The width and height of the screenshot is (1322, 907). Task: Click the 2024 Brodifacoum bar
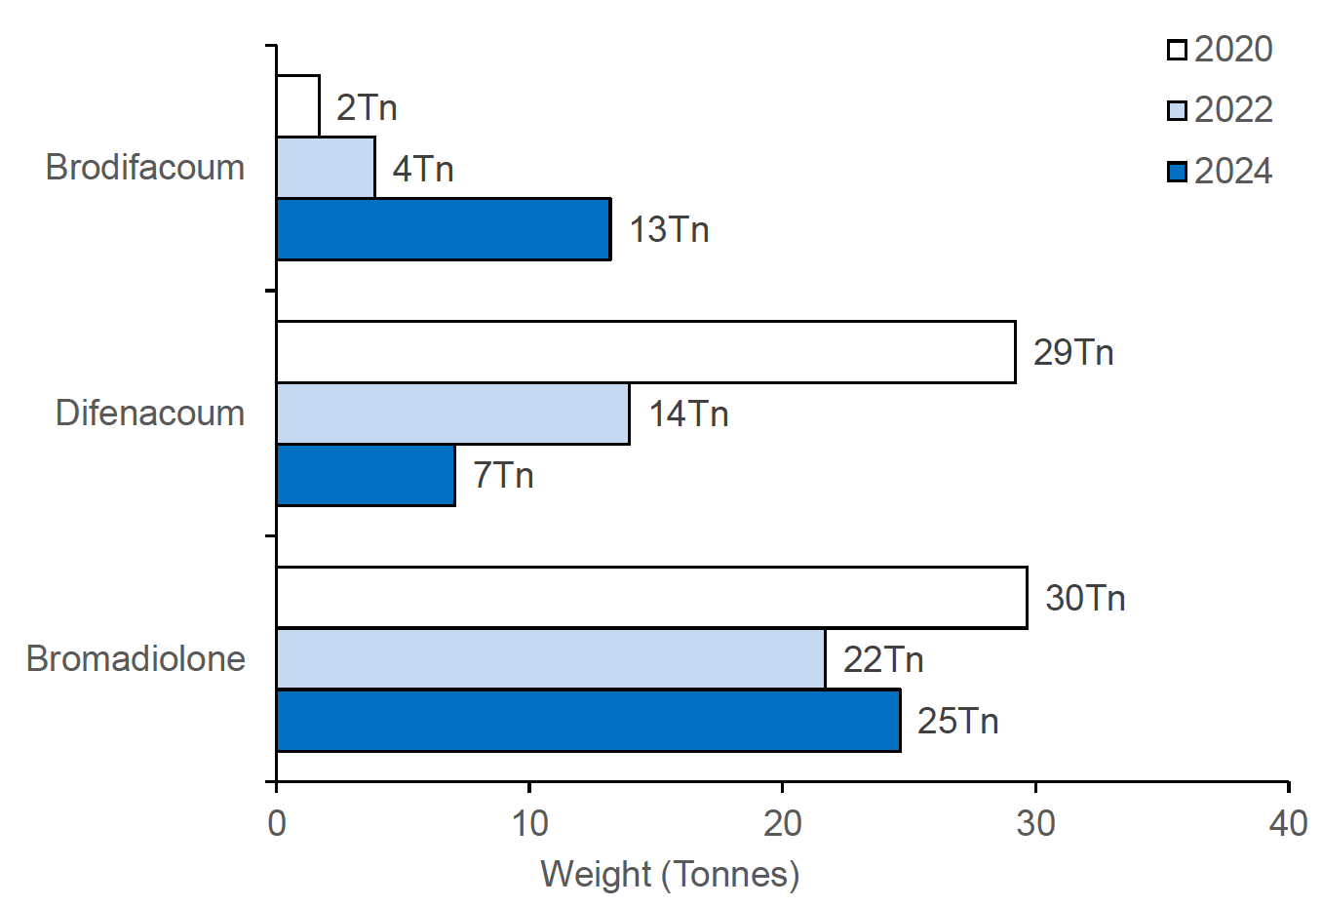click(x=444, y=229)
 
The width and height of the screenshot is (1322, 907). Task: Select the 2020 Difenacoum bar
click(x=645, y=352)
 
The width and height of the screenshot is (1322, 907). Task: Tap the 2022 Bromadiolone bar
click(x=551, y=659)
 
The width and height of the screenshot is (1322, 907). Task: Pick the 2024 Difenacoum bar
click(x=366, y=475)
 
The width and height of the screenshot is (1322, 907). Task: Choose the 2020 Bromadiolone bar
click(x=651, y=597)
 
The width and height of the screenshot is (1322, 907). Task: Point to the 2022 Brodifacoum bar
click(x=326, y=168)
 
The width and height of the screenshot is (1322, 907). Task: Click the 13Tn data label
click(x=669, y=230)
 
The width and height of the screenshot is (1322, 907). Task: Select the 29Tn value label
click(x=1073, y=352)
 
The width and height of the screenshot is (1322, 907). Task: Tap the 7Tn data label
click(x=503, y=476)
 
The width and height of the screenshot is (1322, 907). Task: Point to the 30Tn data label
click(x=1085, y=598)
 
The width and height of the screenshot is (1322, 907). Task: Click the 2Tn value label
click(x=367, y=107)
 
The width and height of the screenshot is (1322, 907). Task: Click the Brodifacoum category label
click(x=145, y=168)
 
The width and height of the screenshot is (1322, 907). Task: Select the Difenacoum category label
click(x=150, y=414)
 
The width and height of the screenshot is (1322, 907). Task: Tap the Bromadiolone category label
click(x=136, y=659)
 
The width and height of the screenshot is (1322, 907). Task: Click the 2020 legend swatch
click(x=1177, y=50)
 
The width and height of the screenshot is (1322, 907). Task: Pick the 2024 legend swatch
click(x=1177, y=172)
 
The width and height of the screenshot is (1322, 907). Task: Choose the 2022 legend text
click(x=1233, y=110)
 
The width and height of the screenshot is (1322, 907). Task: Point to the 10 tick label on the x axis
click(x=529, y=824)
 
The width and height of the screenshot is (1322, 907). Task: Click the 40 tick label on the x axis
click(x=1288, y=824)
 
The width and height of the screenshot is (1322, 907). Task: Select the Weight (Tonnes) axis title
click(x=670, y=875)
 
